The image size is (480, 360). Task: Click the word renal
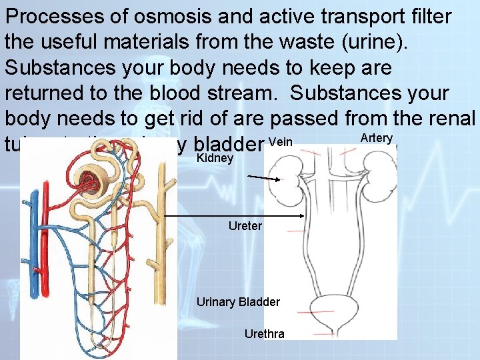453,119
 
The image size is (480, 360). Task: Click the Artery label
376,138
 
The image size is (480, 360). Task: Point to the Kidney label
215,159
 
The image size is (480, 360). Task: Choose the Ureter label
245,226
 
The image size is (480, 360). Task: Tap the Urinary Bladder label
238,302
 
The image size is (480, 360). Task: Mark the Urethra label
264,333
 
